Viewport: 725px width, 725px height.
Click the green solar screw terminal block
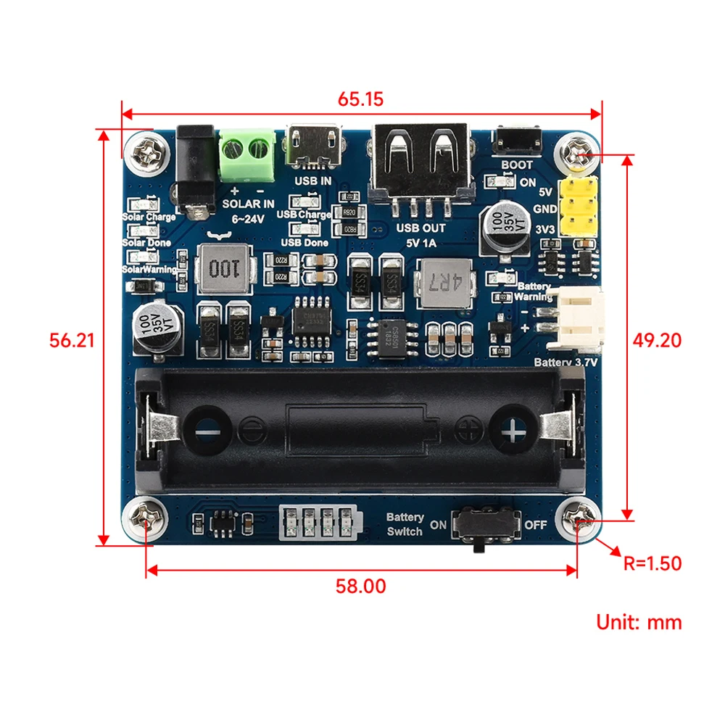(247, 154)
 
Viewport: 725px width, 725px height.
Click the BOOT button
(517, 140)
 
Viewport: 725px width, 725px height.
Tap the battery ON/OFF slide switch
(485, 524)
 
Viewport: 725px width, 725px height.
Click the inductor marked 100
(219, 269)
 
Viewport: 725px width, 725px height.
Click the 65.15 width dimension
(360, 100)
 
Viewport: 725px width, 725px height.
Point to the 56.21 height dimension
(72, 339)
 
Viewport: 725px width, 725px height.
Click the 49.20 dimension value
(657, 339)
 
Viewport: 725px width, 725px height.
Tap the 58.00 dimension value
(360, 586)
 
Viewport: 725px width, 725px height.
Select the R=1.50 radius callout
(652, 563)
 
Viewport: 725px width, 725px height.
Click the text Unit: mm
(639, 621)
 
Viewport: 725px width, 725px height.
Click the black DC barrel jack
(195, 170)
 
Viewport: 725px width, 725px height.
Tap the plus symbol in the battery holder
(513, 434)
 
